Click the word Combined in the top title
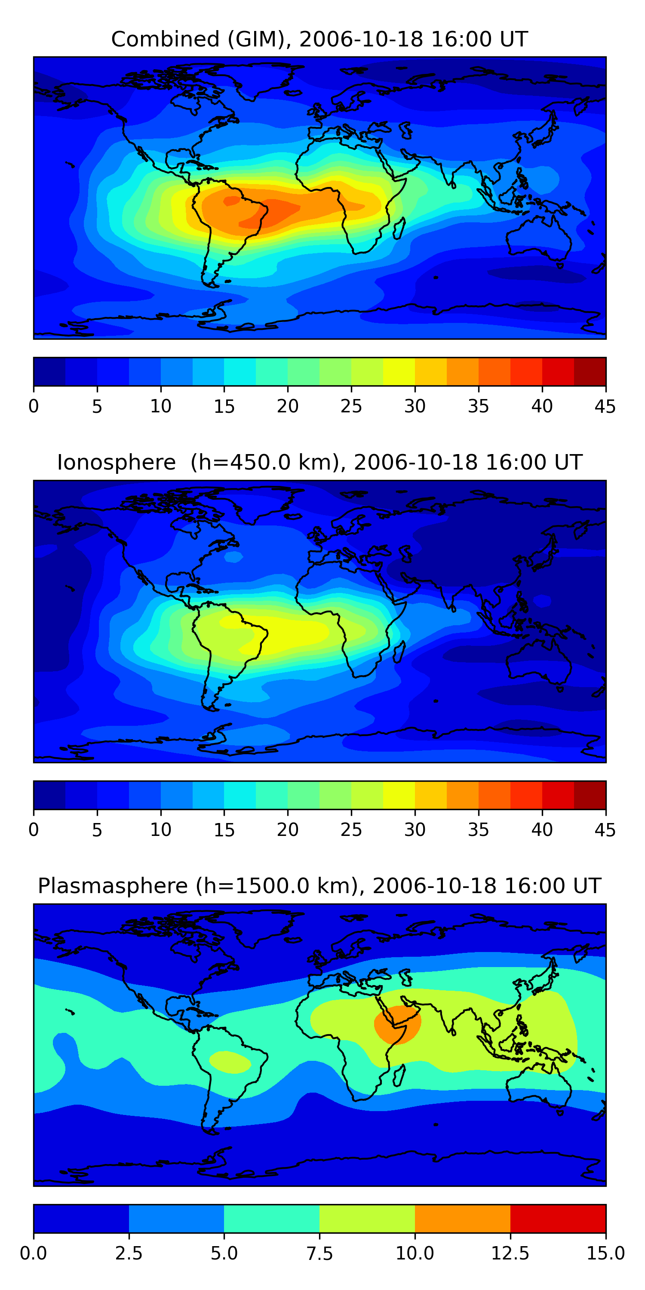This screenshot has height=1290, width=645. pyautogui.click(x=165, y=39)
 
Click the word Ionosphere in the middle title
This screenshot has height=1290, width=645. pyautogui.click(x=116, y=462)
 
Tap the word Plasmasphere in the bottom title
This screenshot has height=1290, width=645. pyautogui.click(x=113, y=886)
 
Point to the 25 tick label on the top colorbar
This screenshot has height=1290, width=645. pyautogui.click(x=351, y=406)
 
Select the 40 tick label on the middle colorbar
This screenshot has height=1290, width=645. pyautogui.click(x=542, y=830)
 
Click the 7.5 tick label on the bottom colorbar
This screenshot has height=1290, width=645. pyautogui.click(x=319, y=1253)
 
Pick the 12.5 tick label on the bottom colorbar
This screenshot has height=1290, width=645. pyautogui.click(x=510, y=1253)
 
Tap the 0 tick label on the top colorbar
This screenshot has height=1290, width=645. pyautogui.click(x=34, y=406)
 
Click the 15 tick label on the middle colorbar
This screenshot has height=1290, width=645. pyautogui.click(x=224, y=830)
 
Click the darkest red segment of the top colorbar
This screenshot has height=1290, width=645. pyautogui.click(x=590, y=372)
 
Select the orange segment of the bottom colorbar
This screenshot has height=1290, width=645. pyautogui.click(x=462, y=1218)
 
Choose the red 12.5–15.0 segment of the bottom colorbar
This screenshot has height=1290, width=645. pyautogui.click(x=558, y=1218)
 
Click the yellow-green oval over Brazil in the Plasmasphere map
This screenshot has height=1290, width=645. pyautogui.click(x=230, y=1062)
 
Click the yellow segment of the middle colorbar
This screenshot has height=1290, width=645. pyautogui.click(x=399, y=795)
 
